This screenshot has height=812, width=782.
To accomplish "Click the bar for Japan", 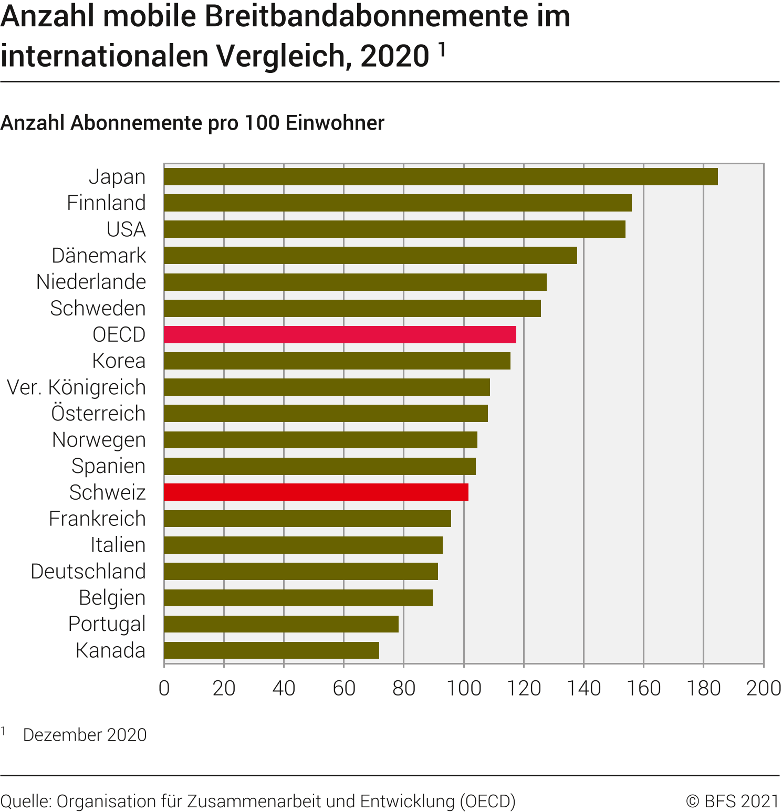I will [440, 177].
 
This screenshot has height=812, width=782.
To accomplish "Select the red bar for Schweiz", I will [316, 492].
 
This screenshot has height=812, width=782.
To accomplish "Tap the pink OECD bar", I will [339, 335].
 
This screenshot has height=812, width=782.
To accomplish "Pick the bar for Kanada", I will [271, 650].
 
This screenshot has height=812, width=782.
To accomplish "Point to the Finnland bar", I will [397, 203].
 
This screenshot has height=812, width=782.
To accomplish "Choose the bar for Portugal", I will [281, 624].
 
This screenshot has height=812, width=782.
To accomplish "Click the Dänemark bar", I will [370, 256].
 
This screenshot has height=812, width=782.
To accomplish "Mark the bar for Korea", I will [337, 361].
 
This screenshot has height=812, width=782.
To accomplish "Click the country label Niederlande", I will [91, 282].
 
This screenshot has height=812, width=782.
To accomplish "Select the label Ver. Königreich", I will [76, 387].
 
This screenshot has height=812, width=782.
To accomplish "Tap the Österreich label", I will [98, 414].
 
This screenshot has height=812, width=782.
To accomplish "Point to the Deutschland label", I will [88, 572].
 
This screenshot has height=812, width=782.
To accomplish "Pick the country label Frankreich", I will [97, 519].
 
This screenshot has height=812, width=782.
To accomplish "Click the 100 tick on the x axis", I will [464, 688].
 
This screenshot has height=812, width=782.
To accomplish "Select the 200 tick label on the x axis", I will [763, 688].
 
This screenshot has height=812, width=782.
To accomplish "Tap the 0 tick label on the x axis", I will [164, 688].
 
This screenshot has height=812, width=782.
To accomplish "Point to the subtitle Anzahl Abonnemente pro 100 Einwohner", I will [192, 123].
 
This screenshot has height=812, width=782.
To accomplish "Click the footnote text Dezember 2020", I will [85, 735].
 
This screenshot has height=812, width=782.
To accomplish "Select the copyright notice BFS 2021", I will [733, 801].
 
